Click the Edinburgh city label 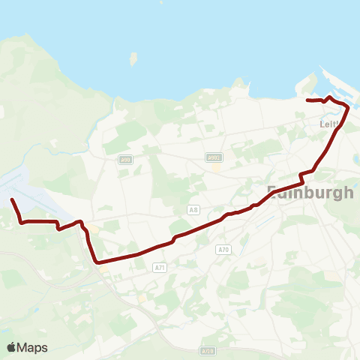point(310,192)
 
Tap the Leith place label point(329,124)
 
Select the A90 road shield point(126,159)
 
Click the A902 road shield point(213,157)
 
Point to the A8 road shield point(194,210)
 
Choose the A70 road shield point(222,249)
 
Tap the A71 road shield point(159,267)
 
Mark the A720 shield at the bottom point(208,350)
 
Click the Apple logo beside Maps point(12,347)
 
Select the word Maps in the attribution point(32,347)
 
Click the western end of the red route point(11,199)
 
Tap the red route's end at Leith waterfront point(307,100)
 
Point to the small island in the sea point(133,59)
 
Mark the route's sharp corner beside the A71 point(97,262)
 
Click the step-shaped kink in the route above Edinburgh point(301,175)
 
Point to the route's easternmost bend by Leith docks point(348,107)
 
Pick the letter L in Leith point(322,124)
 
